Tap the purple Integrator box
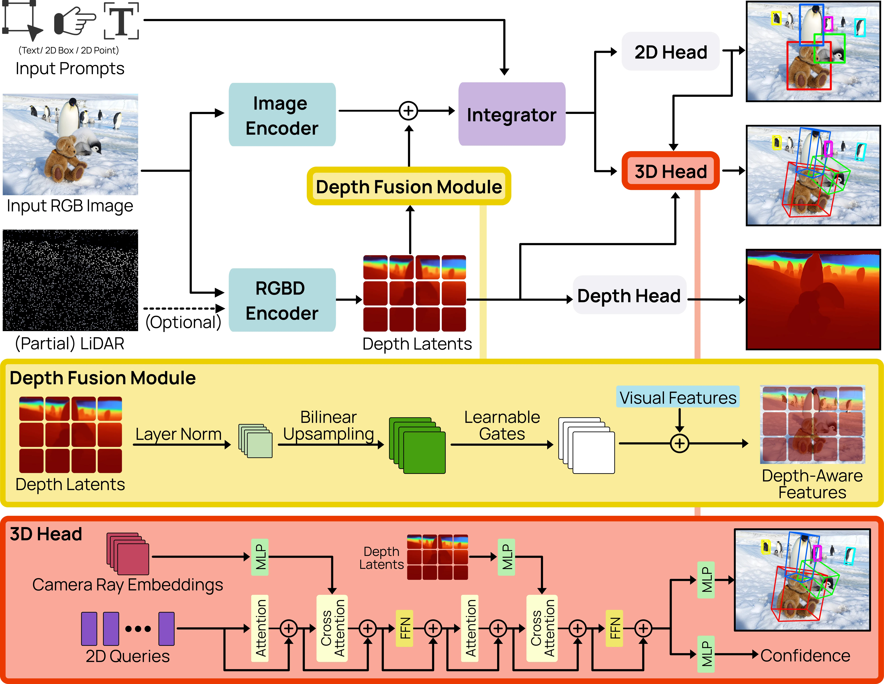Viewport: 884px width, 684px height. pos(512,114)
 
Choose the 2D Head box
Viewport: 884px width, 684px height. pos(670,52)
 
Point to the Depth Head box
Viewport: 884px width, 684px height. pos(629,296)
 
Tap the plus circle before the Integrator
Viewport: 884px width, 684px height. pos(408,111)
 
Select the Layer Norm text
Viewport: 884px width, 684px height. pos(179,434)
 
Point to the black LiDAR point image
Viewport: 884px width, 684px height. pos(70,280)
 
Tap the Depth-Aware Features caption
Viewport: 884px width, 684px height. pos(812,484)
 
